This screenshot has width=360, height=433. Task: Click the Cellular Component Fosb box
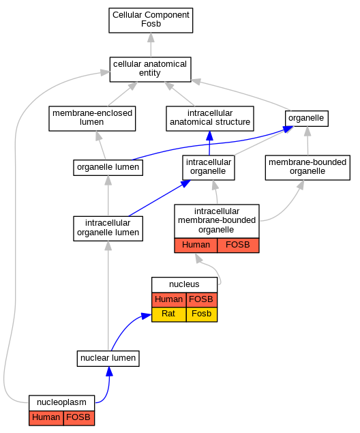click(151, 20)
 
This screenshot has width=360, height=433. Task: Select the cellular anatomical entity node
click(150, 70)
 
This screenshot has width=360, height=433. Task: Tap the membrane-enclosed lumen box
click(92, 119)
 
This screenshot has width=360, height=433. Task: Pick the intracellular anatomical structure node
click(210, 119)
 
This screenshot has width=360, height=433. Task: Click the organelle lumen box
click(108, 167)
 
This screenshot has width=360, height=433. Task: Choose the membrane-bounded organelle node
click(307, 168)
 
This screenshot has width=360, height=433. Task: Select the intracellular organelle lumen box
click(108, 228)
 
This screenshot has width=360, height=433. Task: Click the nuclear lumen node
click(108, 359)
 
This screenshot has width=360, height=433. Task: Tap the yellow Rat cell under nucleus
click(169, 314)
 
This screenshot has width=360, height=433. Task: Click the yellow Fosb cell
click(202, 314)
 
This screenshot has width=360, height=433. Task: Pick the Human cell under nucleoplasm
click(46, 418)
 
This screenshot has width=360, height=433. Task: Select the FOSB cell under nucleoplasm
click(79, 418)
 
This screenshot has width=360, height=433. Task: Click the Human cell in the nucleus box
click(169, 299)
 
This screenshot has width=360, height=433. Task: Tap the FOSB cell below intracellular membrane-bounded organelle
click(238, 245)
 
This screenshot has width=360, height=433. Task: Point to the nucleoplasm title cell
click(61, 403)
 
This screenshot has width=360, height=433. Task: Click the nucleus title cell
click(184, 285)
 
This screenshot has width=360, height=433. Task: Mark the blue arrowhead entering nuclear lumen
click(109, 372)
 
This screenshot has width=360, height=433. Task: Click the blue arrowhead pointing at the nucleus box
click(147, 316)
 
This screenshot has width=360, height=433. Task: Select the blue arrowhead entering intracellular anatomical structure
click(210, 136)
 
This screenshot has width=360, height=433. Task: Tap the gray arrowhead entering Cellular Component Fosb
click(151, 38)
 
